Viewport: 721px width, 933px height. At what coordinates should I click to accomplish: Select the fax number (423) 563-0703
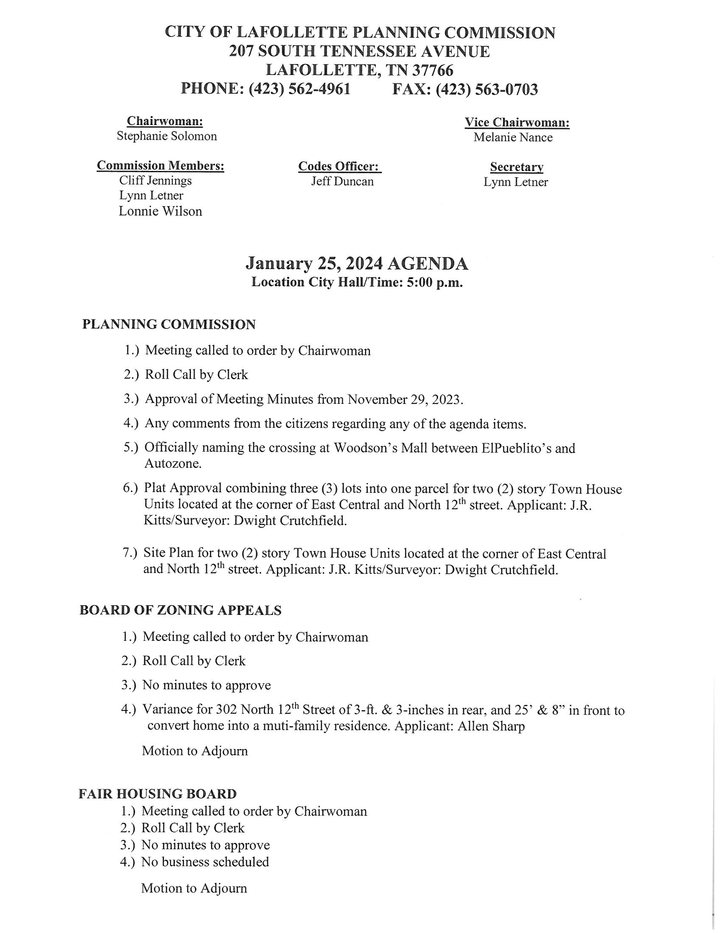(x=486, y=89)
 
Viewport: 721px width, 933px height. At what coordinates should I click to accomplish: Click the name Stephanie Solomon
(x=167, y=136)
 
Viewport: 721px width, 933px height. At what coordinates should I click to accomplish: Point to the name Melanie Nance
(x=513, y=137)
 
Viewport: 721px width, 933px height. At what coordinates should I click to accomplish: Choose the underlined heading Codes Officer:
(x=339, y=166)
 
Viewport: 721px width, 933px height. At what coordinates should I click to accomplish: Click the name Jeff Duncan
(x=342, y=182)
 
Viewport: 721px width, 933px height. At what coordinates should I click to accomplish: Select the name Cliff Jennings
(x=156, y=180)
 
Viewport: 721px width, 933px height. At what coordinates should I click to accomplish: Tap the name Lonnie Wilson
(x=160, y=212)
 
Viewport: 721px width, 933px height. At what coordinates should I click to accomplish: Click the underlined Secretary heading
(x=517, y=167)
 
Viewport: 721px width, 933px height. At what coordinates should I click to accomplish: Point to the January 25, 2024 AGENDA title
(x=357, y=264)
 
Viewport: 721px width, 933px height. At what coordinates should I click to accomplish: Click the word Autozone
(x=173, y=464)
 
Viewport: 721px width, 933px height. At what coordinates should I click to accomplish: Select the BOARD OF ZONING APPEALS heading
(x=180, y=610)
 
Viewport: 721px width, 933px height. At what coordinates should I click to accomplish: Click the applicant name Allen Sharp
(x=491, y=726)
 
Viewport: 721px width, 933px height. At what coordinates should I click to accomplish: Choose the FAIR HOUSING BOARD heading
(x=157, y=794)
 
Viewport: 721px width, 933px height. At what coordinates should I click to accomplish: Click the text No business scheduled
(x=205, y=862)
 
